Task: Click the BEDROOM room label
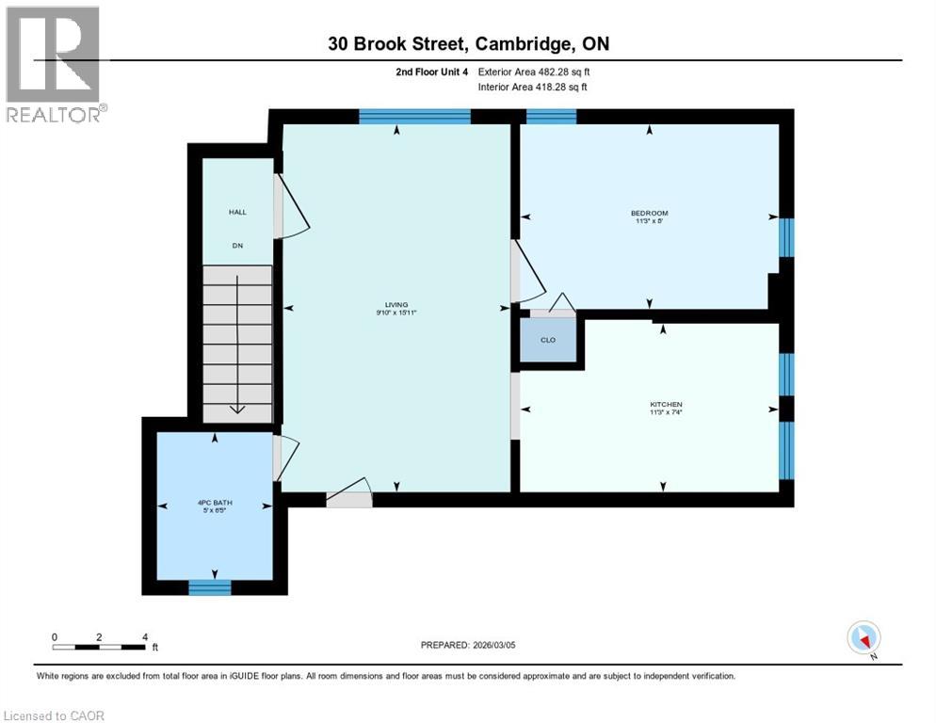[649, 213]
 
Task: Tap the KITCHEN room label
[665, 404]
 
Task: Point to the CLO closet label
[548, 340]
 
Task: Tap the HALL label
[237, 212]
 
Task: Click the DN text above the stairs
[237, 245]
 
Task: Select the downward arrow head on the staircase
[236, 409]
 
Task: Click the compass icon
[863, 638]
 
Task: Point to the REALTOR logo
[54, 64]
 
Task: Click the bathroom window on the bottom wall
[210, 587]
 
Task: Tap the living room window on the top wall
[414, 117]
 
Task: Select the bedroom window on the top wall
[551, 117]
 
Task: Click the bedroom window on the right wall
[786, 237]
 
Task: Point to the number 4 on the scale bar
[145, 636]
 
